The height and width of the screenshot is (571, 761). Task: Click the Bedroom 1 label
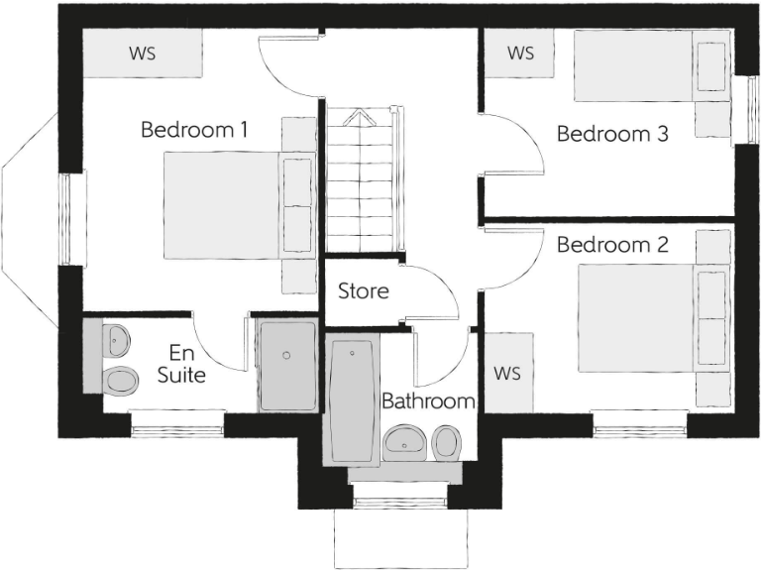[x=194, y=130]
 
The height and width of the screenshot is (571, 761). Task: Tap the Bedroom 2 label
[x=611, y=244]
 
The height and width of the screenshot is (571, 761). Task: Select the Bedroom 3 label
[x=611, y=134]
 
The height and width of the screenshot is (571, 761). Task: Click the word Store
[x=363, y=291]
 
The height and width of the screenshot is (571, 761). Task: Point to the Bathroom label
[x=428, y=401]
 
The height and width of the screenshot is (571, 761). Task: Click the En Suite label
[x=181, y=364]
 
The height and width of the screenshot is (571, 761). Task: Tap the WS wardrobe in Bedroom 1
[x=143, y=54]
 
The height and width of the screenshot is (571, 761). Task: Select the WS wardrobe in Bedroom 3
[x=520, y=53]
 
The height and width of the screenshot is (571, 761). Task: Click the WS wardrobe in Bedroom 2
[x=507, y=373]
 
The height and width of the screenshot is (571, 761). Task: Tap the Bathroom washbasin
[x=405, y=442]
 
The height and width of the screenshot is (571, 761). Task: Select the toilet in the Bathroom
[x=448, y=441]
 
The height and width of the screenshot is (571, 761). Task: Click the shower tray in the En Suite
[x=287, y=365]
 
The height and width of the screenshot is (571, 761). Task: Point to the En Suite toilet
[x=119, y=379]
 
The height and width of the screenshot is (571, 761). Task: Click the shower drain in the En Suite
[x=286, y=354]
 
